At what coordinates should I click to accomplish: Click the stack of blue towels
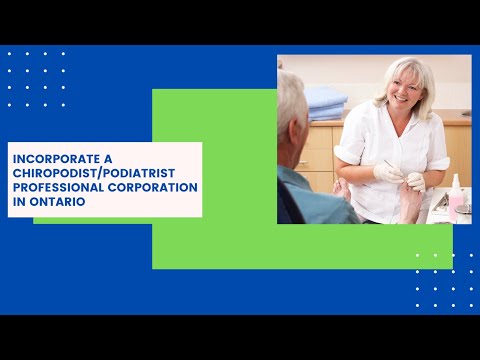pos(325,100)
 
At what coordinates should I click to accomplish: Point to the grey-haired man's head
pos(293,105)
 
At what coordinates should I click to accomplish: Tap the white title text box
pos(104,179)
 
